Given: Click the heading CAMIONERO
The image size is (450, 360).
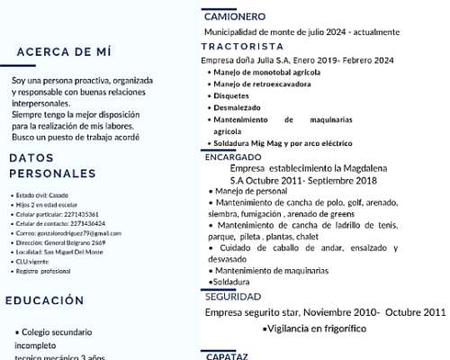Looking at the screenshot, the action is pos(234,16).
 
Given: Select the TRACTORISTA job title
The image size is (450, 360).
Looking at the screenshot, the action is pos(242,46).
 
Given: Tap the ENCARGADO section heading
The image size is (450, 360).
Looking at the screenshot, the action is pos(233,157).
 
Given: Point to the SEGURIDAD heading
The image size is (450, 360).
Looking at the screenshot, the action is pos(232,296).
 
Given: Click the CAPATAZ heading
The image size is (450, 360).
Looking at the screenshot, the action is pos(226,355).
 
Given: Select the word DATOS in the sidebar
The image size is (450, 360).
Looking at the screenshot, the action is pos(31,157).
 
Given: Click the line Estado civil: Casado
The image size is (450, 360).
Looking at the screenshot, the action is pos(41,195).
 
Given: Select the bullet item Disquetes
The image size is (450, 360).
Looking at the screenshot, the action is pos(232,94).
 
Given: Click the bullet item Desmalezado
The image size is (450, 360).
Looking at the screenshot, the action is pos(237,106).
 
